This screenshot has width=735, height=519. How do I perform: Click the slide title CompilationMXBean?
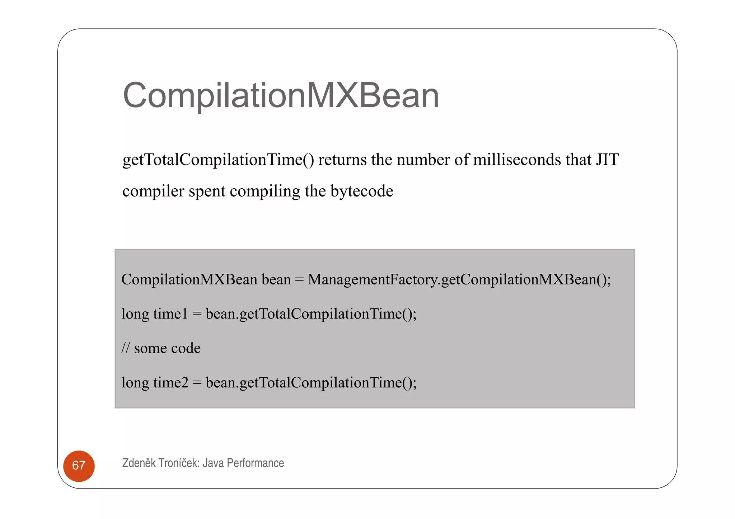pos(281,95)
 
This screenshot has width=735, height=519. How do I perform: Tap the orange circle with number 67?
pos(79,466)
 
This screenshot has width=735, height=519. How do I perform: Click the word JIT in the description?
pos(607,160)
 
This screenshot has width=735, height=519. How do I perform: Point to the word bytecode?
pos(361,191)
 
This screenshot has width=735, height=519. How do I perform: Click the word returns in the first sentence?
pos(342,160)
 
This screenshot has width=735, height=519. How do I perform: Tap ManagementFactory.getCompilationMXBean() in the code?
pos(459,279)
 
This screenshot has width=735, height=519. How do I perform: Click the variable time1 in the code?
pos(170,314)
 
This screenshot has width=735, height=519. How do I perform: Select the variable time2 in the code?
pos(170,382)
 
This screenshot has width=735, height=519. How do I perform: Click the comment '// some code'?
pos(161,348)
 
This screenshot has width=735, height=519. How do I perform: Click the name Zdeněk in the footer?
pos(139,463)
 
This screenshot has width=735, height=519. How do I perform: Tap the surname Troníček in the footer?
pos(178,463)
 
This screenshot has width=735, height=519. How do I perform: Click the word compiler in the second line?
pos(153,191)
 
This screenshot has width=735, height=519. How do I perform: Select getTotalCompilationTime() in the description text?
pos(218,160)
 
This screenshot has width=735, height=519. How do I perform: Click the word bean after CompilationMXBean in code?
pos(276,279)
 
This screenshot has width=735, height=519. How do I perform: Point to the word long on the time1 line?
pos(135,314)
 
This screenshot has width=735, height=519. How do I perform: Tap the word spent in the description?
pos(207,191)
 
